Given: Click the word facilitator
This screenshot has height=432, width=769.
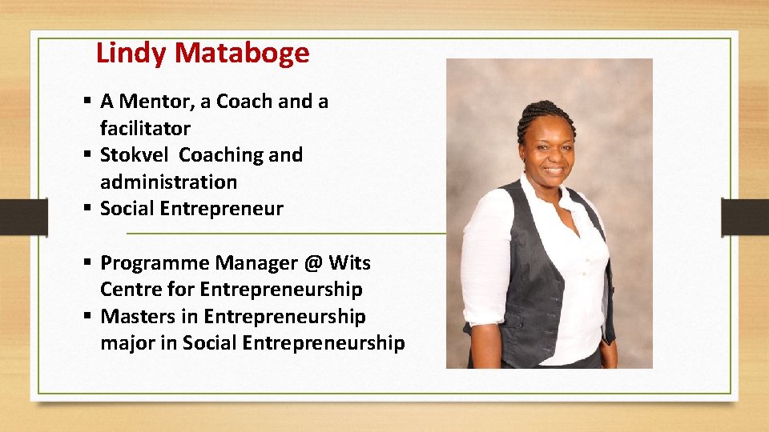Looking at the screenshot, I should pyautogui.click(x=145, y=128).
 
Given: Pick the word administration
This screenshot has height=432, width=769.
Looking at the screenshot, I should pyautogui.click(x=168, y=182).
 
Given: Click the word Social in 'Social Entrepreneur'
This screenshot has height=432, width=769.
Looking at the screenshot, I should pyautogui.click(x=127, y=209).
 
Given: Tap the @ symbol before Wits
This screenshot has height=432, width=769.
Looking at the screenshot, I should pyautogui.click(x=313, y=262).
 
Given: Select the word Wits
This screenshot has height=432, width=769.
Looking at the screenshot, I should pyautogui.click(x=349, y=262).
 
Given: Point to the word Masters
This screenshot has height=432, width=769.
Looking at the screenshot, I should pyautogui.click(x=135, y=317).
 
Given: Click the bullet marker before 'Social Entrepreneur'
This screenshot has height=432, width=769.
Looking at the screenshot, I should pyautogui.click(x=87, y=210).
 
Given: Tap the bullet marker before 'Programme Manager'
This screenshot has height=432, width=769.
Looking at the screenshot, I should pyautogui.click(x=87, y=263).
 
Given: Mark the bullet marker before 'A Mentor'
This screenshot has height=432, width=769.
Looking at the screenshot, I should pyautogui.click(x=87, y=102).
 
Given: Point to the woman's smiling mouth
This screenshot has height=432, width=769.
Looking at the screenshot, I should pyautogui.click(x=552, y=170).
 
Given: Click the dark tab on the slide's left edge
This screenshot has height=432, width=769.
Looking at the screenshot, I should pyautogui.click(x=23, y=217).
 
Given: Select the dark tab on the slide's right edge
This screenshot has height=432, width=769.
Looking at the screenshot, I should pyautogui.click(x=745, y=217).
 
